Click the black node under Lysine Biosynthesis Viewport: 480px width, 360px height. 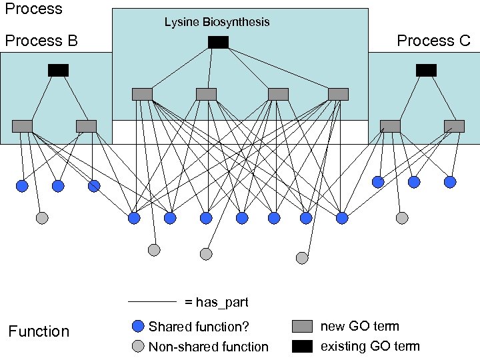coord(218,43)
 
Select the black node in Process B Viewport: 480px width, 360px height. coord(58,70)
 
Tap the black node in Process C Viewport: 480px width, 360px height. coord(426,70)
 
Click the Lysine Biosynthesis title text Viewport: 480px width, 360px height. coord(217,22)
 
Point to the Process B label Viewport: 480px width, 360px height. coord(41,41)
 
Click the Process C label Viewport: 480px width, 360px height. coord(433,41)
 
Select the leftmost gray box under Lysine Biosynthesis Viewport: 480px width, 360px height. coord(142,94)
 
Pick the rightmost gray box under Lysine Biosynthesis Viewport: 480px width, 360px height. coord(338,94)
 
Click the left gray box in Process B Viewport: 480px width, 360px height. coord(22,126)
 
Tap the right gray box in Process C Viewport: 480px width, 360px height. coord(454,126)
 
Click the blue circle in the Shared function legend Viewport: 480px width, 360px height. coord(138,326)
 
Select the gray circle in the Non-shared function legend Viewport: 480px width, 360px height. coord(138,346)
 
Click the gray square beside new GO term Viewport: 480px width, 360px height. coord(302,326)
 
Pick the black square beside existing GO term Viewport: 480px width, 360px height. coord(302,346)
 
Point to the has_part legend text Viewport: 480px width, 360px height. coord(217,302)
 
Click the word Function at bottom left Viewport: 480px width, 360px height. coord(39,331)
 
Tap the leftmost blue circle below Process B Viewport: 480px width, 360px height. coord(22,186)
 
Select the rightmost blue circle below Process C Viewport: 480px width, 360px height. coord(450,182)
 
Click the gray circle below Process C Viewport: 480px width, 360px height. coord(401,218)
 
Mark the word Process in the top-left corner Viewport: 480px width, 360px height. coord(33,9)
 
